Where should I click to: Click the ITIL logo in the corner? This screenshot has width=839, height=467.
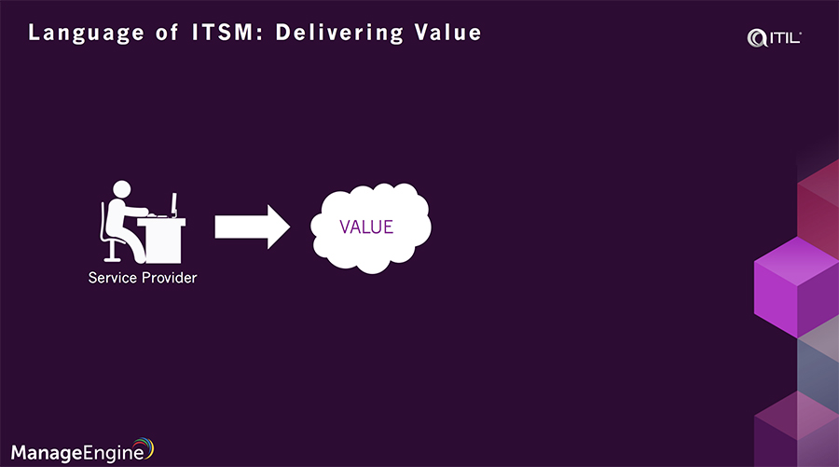point(775,37)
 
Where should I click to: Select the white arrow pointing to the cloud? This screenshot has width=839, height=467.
point(253,227)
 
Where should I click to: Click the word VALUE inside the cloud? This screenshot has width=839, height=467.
point(366,227)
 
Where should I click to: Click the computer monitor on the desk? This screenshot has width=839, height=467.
point(173,202)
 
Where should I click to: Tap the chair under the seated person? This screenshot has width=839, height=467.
point(113,244)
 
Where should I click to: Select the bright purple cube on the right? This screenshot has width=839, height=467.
point(795,285)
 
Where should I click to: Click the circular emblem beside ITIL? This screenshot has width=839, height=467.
point(756,37)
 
